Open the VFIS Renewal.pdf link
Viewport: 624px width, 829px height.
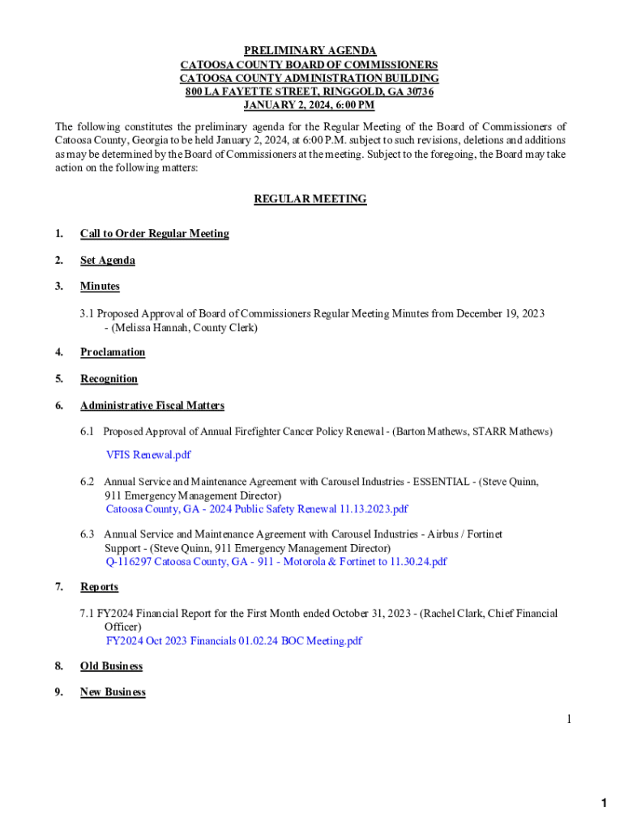coord(148,455)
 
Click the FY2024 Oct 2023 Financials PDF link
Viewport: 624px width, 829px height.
coord(233,641)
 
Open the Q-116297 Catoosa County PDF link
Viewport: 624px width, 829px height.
coord(276,561)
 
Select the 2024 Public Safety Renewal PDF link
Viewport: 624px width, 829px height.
coord(256,509)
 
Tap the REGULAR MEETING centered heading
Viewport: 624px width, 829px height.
coord(310,199)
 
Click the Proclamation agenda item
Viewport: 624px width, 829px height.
coord(113,352)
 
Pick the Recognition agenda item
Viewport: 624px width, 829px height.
coord(109,379)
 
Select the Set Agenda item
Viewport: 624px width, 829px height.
coord(107,261)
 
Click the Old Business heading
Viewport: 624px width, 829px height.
coord(111,666)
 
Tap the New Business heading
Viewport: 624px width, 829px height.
coord(113,692)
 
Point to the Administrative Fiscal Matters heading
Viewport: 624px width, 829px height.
coord(152,406)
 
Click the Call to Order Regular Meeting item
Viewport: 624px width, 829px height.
coord(154,234)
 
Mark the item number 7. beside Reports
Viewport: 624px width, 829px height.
coord(59,587)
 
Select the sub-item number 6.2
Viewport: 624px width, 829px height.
coord(88,482)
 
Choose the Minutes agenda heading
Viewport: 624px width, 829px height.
coord(100,287)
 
